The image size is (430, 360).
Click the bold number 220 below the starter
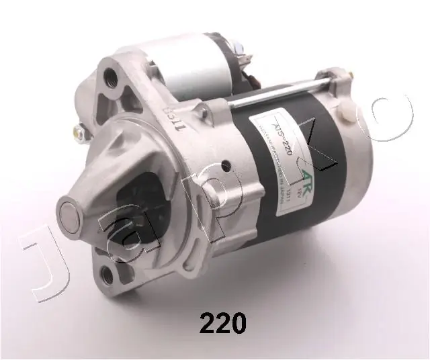pos(222,326)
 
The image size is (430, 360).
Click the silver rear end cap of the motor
pos(373,154)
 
